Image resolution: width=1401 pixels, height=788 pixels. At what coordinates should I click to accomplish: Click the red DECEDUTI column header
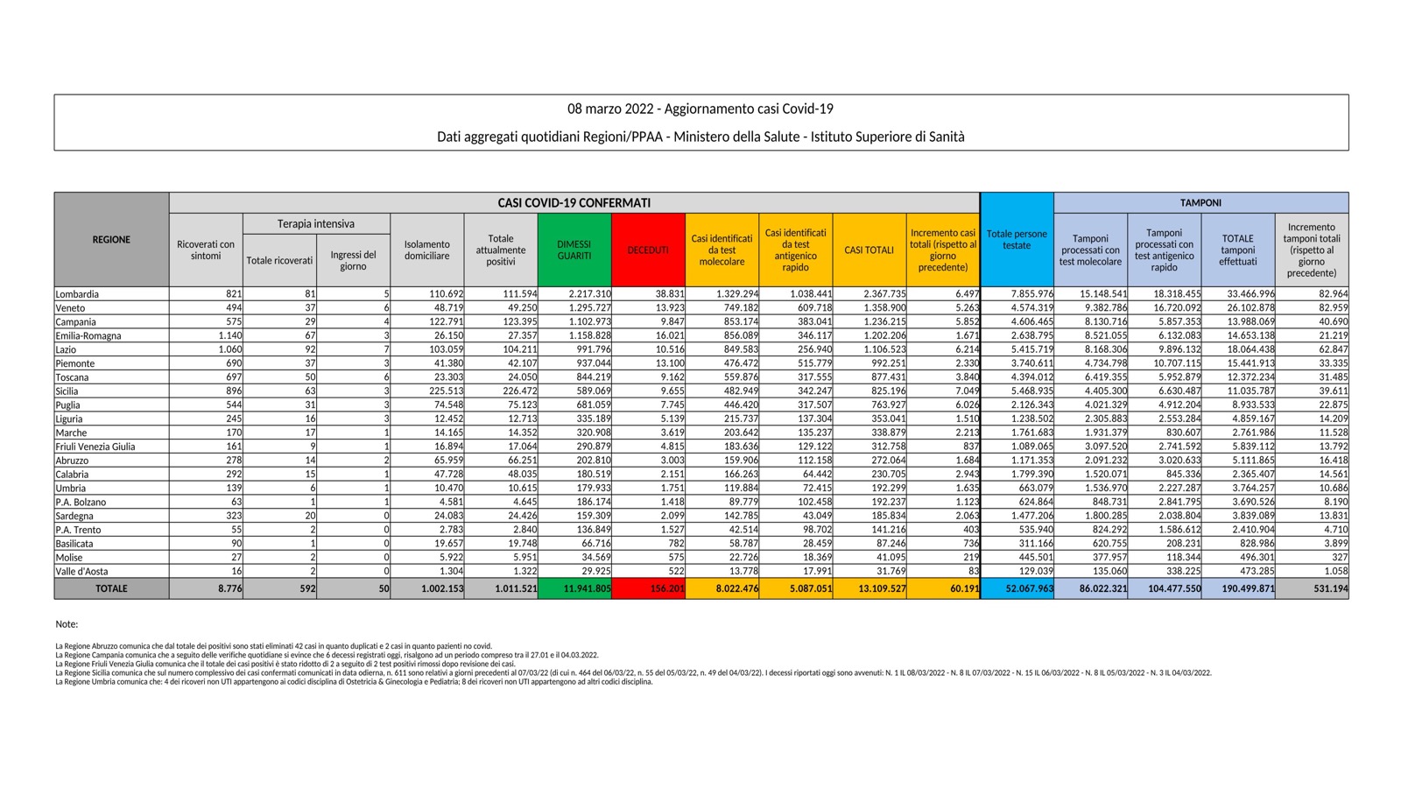pos(648,250)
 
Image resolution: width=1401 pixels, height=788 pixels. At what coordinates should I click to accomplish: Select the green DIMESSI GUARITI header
pos(574,250)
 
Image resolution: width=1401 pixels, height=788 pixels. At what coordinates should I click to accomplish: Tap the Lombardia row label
pos(77,294)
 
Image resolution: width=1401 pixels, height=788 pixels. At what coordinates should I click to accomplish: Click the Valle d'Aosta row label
pos(82,571)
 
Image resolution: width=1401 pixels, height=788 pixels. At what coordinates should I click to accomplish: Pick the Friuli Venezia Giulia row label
pos(95,447)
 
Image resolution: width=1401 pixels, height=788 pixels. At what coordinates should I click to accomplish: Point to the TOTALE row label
pos(111,589)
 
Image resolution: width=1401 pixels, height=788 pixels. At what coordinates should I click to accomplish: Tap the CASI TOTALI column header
pos(869,250)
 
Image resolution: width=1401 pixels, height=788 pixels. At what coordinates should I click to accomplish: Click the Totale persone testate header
pos(1017,239)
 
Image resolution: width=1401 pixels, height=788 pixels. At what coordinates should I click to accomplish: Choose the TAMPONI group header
pos(1200,202)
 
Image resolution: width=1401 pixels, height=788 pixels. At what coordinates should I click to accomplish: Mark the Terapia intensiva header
pos(316,224)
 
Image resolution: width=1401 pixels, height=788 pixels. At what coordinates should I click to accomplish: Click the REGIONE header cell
pos(111,239)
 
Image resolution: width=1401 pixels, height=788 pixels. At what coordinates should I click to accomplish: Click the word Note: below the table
pos(67,624)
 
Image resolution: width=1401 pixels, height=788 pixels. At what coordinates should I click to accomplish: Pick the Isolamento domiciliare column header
pos(427,250)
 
